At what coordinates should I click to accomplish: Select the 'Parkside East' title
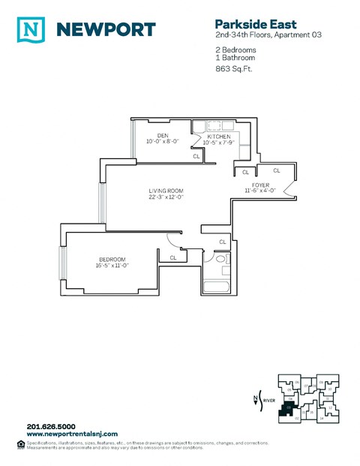pos(247,24)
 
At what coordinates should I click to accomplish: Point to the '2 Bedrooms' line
pos(236,50)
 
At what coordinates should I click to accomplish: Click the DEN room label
pos(162,136)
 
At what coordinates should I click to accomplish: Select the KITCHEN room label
pos(218,136)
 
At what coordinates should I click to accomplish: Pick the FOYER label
pos(261,185)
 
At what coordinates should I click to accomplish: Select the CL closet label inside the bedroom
pos(173,257)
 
